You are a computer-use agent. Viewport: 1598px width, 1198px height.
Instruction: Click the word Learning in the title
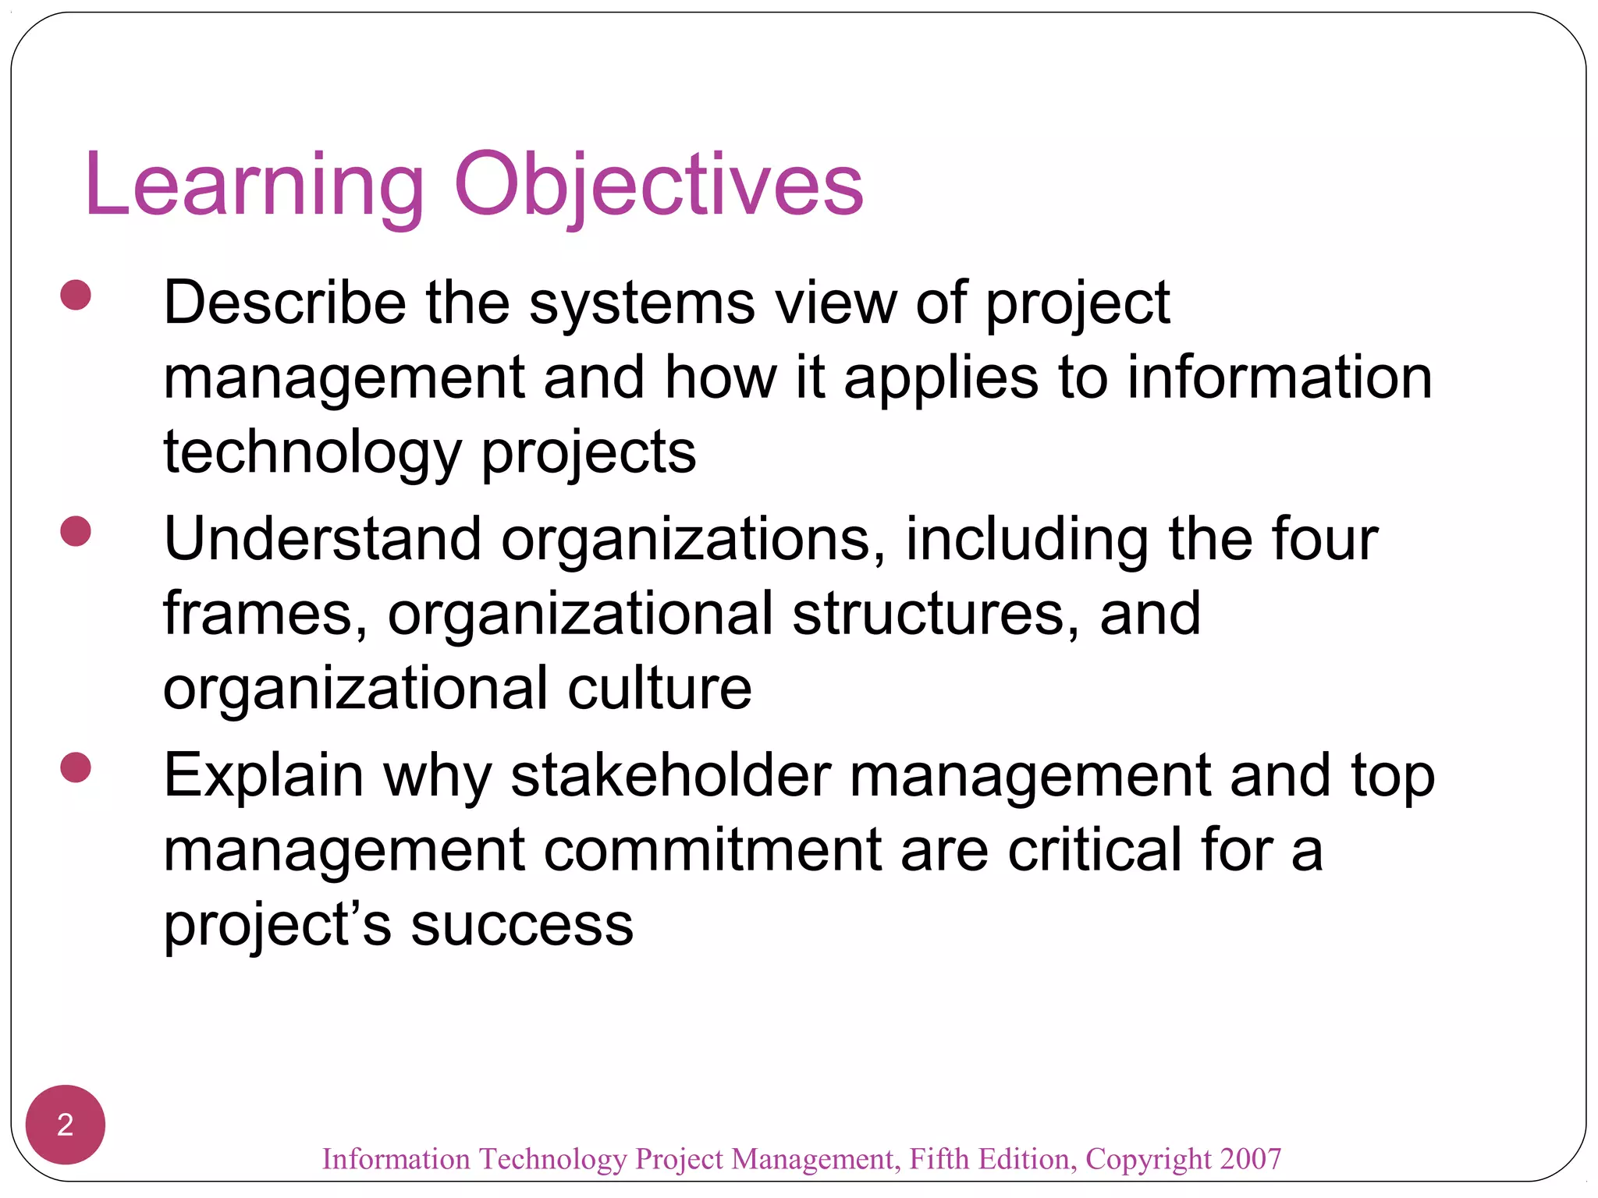[254, 186]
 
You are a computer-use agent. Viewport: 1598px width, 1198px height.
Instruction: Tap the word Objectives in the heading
[659, 186]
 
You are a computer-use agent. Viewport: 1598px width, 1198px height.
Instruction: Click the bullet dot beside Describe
[76, 296]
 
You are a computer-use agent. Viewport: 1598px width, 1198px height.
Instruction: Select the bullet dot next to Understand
[76, 531]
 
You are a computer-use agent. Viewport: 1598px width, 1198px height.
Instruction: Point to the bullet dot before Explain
[76, 767]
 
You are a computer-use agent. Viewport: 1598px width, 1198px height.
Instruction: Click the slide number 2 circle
[66, 1125]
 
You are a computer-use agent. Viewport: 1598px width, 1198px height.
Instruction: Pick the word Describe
[285, 303]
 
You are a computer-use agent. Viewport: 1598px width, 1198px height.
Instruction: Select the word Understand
[322, 539]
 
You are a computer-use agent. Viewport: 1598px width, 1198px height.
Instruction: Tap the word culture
[659, 688]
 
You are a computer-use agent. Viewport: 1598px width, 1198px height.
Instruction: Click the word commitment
[712, 850]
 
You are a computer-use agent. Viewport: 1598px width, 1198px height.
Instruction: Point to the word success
[522, 925]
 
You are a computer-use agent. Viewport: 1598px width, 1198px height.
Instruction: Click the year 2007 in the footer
[1251, 1159]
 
